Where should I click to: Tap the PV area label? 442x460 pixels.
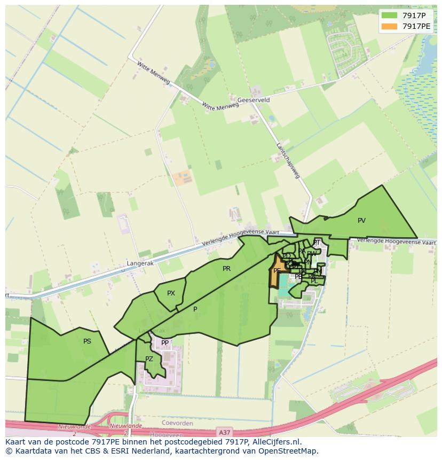coord(361,221)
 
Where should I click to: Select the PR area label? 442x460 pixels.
coord(226,269)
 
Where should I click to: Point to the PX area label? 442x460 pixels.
coord(171,293)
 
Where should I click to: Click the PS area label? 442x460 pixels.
coord(87,341)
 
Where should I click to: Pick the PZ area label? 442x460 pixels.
coord(149,359)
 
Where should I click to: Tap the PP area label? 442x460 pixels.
coord(165,343)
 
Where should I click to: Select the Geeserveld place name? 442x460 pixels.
coord(254,100)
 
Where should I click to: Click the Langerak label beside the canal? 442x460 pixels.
coord(139,263)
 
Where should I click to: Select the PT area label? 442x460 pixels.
coord(317,243)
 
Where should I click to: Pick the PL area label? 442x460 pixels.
coord(314,281)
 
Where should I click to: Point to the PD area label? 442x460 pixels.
coord(287,256)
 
